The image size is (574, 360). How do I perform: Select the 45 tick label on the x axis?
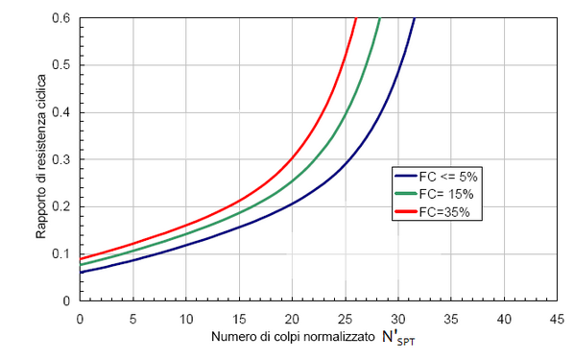pyautogui.click(x=556, y=317)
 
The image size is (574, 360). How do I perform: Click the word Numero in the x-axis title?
pyautogui.click(x=229, y=340)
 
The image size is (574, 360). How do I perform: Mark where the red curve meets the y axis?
pyautogui.click(x=81, y=258)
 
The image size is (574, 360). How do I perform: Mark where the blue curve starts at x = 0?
pyautogui.click(x=81, y=273)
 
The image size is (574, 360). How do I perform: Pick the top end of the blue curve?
pyautogui.click(x=415, y=18)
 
